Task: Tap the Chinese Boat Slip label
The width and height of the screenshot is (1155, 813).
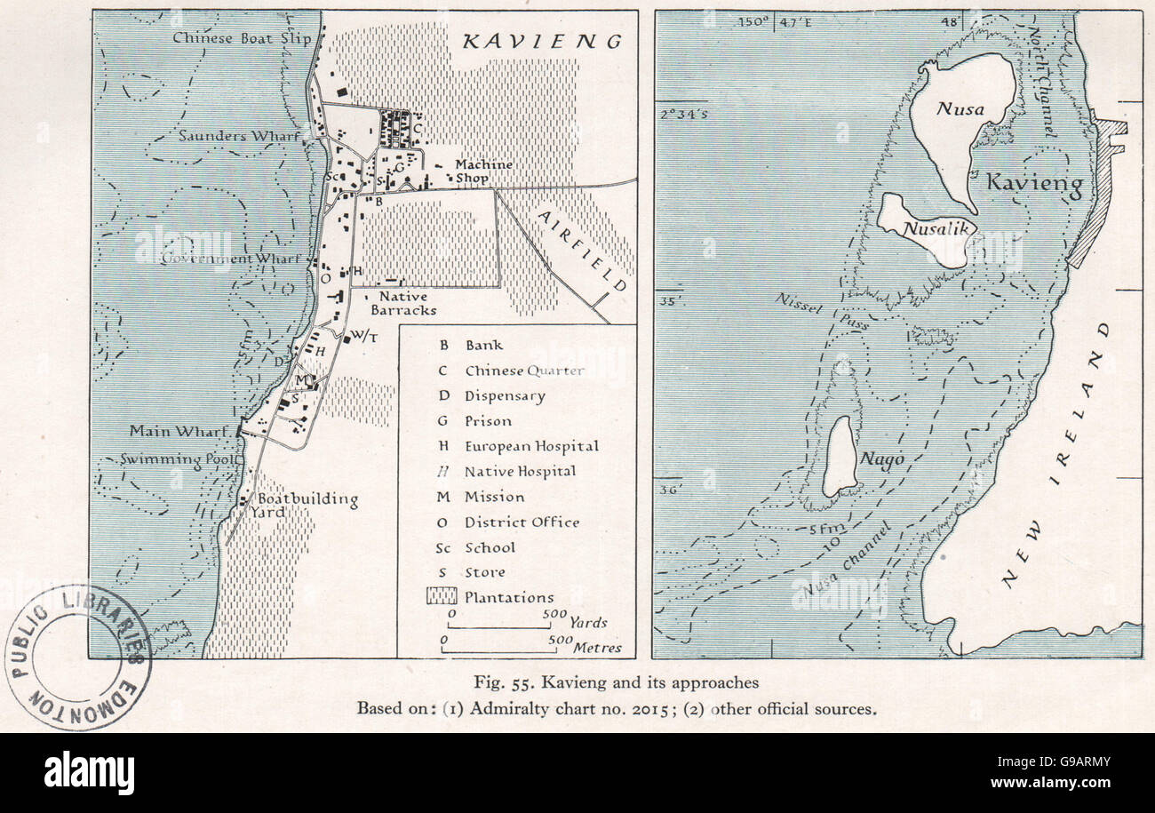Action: click(x=230, y=37)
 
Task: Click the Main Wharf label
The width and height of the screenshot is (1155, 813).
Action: click(x=182, y=431)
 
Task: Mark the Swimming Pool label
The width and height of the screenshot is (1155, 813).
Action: click(x=181, y=459)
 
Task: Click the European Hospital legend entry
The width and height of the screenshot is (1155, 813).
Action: click(x=530, y=446)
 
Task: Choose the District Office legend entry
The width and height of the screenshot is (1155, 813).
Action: click(x=521, y=522)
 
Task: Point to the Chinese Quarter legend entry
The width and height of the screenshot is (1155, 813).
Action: click(x=523, y=371)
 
